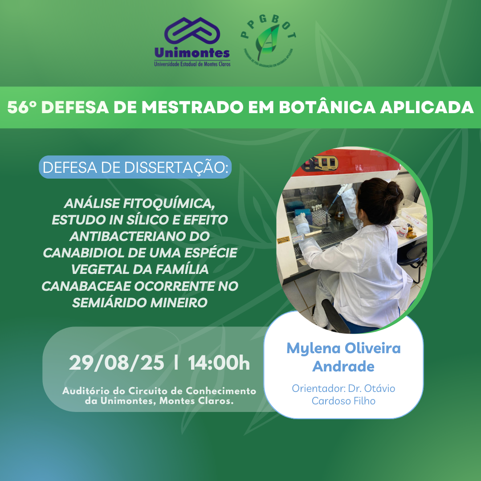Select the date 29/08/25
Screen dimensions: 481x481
pos(117,363)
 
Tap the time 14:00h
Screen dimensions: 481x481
pos(219,363)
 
